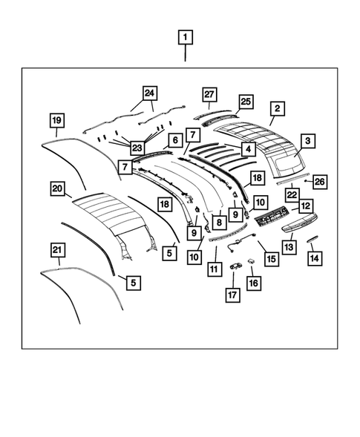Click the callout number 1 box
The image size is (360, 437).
(x=185, y=37)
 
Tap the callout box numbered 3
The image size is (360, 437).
(x=307, y=140)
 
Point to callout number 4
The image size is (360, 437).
(x=249, y=149)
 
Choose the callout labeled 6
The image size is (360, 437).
(x=175, y=140)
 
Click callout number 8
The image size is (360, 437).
(x=220, y=222)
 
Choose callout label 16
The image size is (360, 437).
(x=255, y=283)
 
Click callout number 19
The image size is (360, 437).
(x=56, y=119)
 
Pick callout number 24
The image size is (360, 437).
(x=151, y=93)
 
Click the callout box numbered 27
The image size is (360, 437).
(x=209, y=93)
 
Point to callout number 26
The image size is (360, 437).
(x=319, y=181)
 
